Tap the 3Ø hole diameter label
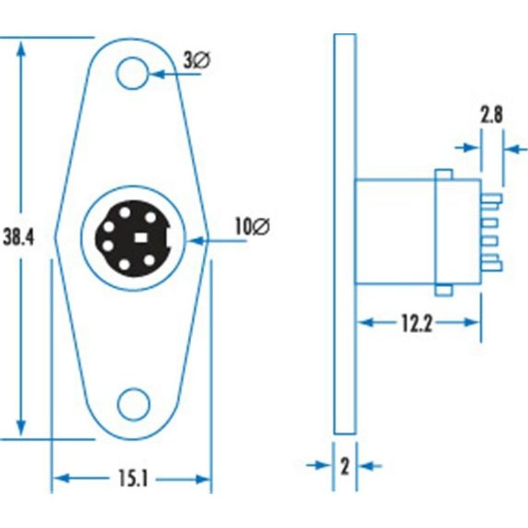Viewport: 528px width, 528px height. pyautogui.click(x=197, y=61)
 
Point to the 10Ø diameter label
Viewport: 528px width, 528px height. pyautogui.click(x=252, y=228)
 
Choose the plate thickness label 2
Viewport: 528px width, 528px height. pyautogui.click(x=345, y=466)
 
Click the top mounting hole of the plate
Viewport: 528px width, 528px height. pyautogui.click(x=132, y=73)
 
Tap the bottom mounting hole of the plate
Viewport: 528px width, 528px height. pyautogui.click(x=134, y=405)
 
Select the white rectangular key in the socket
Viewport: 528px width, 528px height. pyautogui.click(x=140, y=238)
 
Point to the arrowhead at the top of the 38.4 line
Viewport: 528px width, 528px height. pyautogui.click(x=21, y=48)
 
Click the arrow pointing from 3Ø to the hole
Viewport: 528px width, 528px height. pyautogui.click(x=158, y=74)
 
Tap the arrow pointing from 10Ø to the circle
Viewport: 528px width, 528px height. pyautogui.click(x=196, y=241)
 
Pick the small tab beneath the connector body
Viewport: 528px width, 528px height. pyautogui.click(x=444, y=290)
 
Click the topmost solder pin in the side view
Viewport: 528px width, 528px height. pyautogui.click(x=491, y=199)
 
